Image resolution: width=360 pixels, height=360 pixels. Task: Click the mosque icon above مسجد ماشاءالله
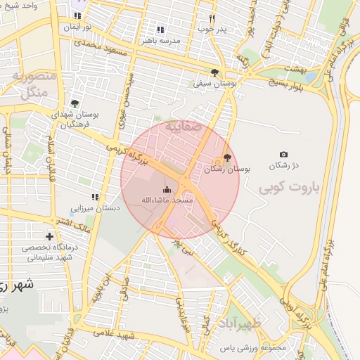click(167, 188)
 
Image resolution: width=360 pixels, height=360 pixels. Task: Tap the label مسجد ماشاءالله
click(167, 200)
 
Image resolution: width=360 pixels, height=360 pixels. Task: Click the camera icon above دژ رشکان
click(283, 154)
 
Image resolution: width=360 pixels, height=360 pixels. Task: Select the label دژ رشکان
click(285, 165)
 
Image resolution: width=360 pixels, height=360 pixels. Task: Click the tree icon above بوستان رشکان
click(226, 157)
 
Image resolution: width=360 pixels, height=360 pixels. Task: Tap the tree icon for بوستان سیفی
click(214, 72)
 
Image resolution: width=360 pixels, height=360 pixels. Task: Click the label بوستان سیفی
click(214, 83)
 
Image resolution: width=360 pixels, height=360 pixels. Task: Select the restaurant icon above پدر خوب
click(212, 18)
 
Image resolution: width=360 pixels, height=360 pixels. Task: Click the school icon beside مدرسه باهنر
click(160, 30)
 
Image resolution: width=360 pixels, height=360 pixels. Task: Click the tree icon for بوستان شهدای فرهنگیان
click(75, 103)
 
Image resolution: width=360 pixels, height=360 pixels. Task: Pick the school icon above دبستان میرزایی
click(94, 197)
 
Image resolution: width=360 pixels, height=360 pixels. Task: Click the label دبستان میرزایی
click(95, 208)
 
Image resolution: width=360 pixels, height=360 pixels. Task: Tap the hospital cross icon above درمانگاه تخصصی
click(49, 236)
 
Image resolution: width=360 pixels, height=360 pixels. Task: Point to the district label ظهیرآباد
click(240, 325)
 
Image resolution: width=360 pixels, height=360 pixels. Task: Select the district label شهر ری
click(15, 285)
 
